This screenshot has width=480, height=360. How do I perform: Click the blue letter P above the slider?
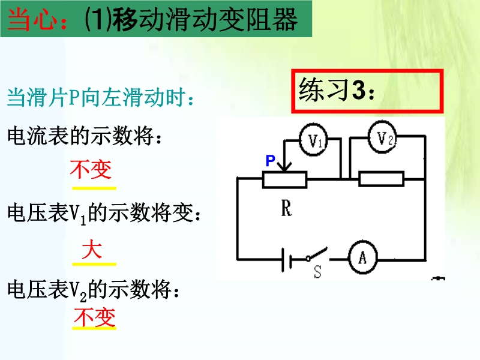(x=271, y=160)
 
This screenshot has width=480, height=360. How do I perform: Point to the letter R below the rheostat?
(x=286, y=209)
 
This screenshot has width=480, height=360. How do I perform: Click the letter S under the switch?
(x=318, y=271)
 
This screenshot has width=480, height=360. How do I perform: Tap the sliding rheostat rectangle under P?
(x=284, y=179)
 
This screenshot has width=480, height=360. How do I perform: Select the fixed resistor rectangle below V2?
(x=381, y=179)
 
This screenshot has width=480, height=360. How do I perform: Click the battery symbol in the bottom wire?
(x=286, y=260)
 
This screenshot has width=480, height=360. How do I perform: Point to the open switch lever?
(x=317, y=253)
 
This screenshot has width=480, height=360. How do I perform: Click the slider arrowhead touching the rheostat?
(x=284, y=167)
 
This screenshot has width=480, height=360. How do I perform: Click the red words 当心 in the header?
(x=32, y=20)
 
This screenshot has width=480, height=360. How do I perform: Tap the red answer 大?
(x=92, y=250)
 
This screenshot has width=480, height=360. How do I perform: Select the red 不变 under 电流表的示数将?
(x=91, y=169)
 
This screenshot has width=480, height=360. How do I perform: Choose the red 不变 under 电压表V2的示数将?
(x=95, y=317)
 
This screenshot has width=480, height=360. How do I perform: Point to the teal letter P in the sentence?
(x=74, y=97)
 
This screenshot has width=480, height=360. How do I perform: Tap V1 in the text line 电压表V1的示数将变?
(x=79, y=214)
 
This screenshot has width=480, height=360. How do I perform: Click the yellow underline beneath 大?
(x=94, y=264)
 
